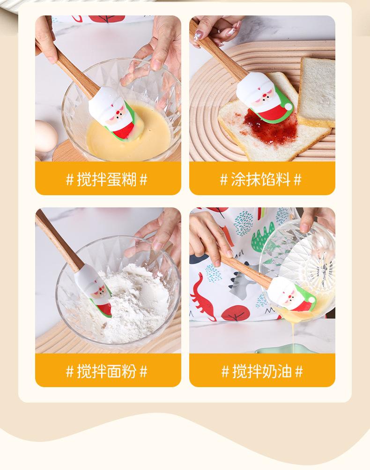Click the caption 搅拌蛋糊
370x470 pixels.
point(107,179)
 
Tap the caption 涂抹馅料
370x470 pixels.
point(260,179)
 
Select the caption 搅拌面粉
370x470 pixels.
point(107,371)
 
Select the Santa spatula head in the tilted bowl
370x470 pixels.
point(291,294)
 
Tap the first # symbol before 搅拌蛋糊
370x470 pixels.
point(70,180)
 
